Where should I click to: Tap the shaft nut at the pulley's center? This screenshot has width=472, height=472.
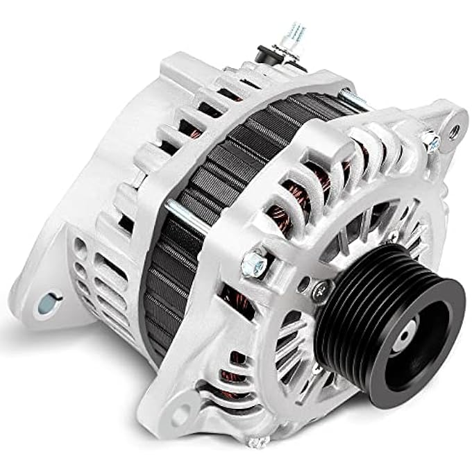click(x=405, y=339)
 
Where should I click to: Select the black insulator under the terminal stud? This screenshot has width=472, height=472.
click(x=266, y=53)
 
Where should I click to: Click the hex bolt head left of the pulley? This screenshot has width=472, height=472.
click(x=251, y=261)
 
